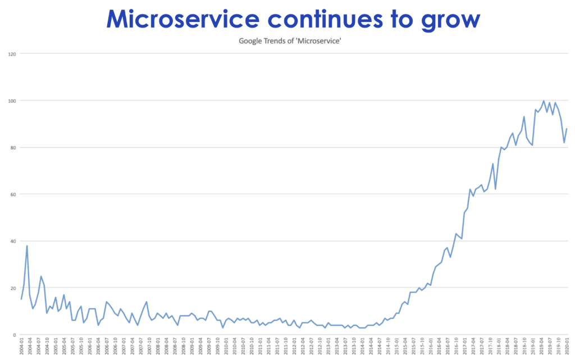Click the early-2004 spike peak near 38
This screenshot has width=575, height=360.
point(27,246)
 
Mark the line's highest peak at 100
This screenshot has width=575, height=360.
point(544,101)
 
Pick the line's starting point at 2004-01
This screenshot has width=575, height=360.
point(21,299)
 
